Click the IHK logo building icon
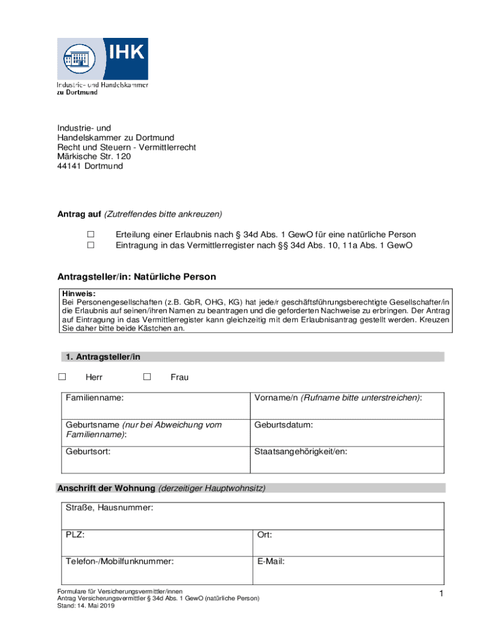pyautogui.click(x=76, y=60)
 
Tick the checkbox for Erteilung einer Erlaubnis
pyautogui.click(x=90, y=234)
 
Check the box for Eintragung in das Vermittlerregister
pyautogui.click(x=90, y=245)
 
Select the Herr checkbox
pyautogui.click(x=61, y=376)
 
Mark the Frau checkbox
pyautogui.click(x=147, y=376)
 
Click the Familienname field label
pyautogui.click(x=94, y=397)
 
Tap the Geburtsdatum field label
pyautogui.click(x=283, y=425)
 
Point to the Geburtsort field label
pyautogui.click(x=88, y=452)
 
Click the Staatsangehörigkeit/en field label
pyautogui.click(x=300, y=452)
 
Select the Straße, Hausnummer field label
pyautogui.click(x=109, y=508)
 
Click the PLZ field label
pyautogui.click(x=75, y=535)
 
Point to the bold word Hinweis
pyautogui.click(x=78, y=293)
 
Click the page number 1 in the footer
pyautogui.click(x=440, y=595)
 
